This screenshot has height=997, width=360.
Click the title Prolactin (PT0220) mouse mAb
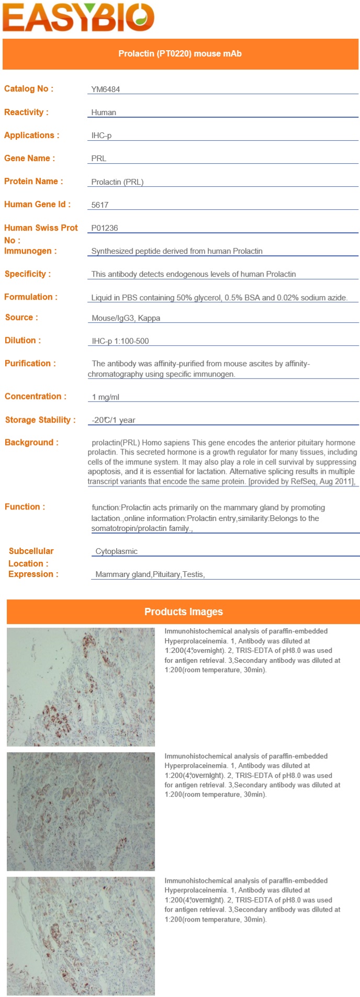pyautogui.click(x=180, y=54)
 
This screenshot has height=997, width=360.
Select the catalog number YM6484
pyautogui.click(x=106, y=89)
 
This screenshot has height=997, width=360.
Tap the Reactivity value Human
pyautogui.click(x=104, y=112)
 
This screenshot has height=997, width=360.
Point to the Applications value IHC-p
pyautogui.click(x=102, y=135)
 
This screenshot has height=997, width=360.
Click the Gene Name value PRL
pyautogui.click(x=99, y=158)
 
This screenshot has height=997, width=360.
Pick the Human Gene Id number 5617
pyautogui.click(x=100, y=205)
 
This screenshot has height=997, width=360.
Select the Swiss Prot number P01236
pyautogui.click(x=105, y=228)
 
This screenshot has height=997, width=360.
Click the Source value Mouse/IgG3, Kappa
pyautogui.click(x=126, y=318)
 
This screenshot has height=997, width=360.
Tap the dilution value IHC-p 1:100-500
pyautogui.click(x=120, y=341)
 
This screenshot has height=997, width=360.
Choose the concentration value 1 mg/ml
pyautogui.click(x=106, y=397)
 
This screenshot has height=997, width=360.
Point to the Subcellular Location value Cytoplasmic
pyautogui.click(x=117, y=551)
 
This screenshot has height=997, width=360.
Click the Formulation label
pyautogui.click(x=31, y=297)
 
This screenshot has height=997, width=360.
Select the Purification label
pyautogui.click(x=30, y=364)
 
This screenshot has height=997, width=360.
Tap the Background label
pyautogui.click(x=31, y=443)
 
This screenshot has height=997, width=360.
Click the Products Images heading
pyautogui.click(x=184, y=611)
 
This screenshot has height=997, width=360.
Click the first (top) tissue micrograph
pyautogui.click(x=81, y=687)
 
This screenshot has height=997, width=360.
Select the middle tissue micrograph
pyautogui.click(x=81, y=811)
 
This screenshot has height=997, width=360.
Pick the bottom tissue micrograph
pyautogui.click(x=81, y=936)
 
